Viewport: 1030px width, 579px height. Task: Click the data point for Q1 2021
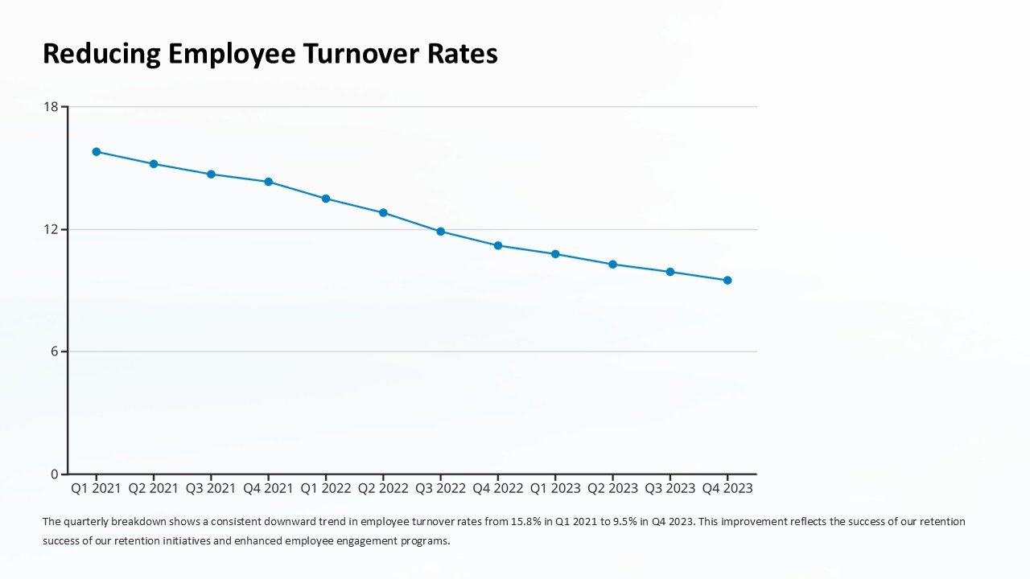click(97, 151)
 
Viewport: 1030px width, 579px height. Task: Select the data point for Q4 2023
click(727, 280)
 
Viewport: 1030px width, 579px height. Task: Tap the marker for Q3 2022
click(440, 232)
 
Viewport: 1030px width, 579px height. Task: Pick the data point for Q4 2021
click(268, 182)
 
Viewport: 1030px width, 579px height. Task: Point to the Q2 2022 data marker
click(383, 212)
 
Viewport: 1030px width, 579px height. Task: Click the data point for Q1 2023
click(555, 254)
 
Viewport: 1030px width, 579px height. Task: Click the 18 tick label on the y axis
click(51, 106)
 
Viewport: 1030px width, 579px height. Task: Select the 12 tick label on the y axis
click(51, 229)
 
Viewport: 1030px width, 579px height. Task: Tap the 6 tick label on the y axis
click(55, 351)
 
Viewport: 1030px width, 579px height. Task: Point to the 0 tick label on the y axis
click(55, 474)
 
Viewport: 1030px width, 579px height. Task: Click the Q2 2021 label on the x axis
click(153, 488)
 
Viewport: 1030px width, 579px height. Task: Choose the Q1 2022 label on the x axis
click(325, 488)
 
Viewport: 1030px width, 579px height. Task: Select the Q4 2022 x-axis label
click(497, 488)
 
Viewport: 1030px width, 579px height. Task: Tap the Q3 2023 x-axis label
click(669, 488)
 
